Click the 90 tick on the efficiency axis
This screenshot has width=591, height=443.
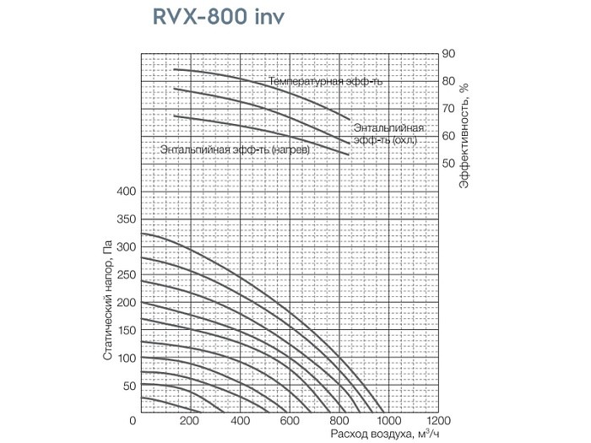(x=449, y=54)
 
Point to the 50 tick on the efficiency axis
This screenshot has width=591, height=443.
(x=449, y=163)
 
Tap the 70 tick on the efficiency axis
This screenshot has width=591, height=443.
(x=449, y=109)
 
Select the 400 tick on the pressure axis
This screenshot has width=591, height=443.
(x=125, y=192)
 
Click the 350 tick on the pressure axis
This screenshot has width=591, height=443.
(x=125, y=219)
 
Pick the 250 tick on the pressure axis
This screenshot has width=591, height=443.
(x=125, y=275)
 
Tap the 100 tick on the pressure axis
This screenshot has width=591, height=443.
(x=125, y=359)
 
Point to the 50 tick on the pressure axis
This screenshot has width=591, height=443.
(x=128, y=386)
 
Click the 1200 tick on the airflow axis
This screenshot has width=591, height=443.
(x=436, y=420)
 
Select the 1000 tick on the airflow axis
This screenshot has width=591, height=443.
(x=388, y=420)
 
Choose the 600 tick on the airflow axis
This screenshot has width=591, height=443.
(x=290, y=420)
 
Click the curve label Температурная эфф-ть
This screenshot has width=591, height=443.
(x=326, y=82)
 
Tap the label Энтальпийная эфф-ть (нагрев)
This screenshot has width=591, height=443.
(x=235, y=149)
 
